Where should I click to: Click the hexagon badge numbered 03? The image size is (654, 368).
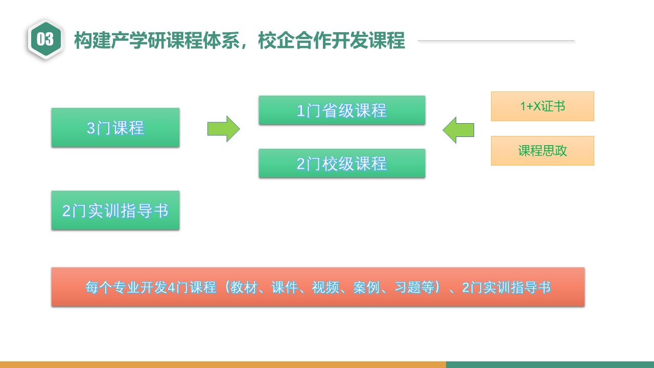tap(45, 39)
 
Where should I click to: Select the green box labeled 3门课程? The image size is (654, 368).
tap(115, 128)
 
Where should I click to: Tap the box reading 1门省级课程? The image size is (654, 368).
tap(342, 110)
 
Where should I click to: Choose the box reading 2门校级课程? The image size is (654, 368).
tap(342, 164)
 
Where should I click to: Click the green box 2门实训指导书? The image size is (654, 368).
tap(115, 211)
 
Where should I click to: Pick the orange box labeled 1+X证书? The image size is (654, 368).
tap(542, 106)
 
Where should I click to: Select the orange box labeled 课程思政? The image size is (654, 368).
tap(542, 151)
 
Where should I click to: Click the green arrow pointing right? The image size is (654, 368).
tap(223, 129)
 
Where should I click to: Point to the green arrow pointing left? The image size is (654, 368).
tap(458, 130)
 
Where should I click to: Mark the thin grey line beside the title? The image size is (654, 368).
tap(496, 40)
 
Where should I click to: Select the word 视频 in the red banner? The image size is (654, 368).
tap(324, 288)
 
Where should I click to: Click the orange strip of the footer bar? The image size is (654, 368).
tap(222, 364)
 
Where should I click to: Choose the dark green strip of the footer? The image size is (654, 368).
tap(550, 364)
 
